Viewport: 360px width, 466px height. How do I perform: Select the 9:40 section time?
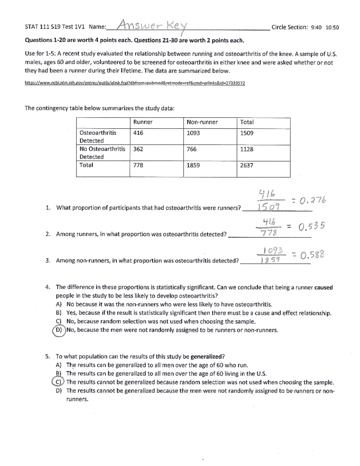coord(316,28)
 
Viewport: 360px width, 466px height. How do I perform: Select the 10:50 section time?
coord(332,28)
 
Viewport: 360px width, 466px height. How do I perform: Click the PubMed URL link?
coord(135,83)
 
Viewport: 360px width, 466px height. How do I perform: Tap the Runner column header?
coord(143,122)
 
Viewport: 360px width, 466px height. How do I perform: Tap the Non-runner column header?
coord(202,122)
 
